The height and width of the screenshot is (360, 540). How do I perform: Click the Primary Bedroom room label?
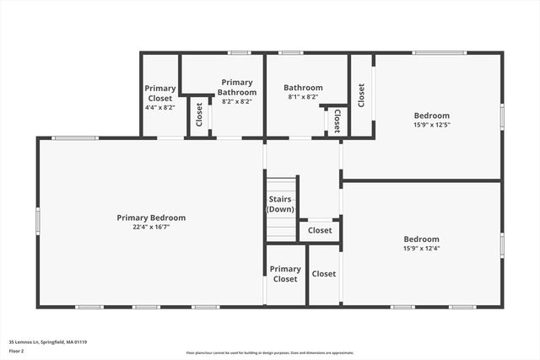tap(151, 218)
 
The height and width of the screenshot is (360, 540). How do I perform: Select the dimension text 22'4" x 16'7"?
tap(151, 227)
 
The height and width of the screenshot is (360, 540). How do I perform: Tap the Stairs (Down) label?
tap(279, 204)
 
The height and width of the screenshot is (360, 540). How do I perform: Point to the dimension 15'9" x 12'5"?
tap(431, 126)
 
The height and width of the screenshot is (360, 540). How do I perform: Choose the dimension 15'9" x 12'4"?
tap(421, 248)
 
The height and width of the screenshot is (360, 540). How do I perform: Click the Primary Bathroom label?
tap(236, 87)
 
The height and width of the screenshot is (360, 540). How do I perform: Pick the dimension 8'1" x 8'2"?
tap(303, 97)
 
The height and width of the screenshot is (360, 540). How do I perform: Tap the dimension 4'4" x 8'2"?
tap(159, 107)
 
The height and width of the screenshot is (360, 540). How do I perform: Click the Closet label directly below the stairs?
tap(320, 230)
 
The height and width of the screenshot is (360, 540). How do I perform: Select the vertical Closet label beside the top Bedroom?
tap(361, 94)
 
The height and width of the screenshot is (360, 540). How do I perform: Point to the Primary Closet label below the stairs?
tap(285, 274)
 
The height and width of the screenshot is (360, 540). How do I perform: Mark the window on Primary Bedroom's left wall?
tap(37, 220)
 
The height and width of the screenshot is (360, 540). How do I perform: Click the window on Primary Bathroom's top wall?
tap(240, 53)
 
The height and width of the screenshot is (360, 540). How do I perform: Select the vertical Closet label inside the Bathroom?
tap(337, 121)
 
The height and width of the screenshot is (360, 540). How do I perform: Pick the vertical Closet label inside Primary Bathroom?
tap(199, 114)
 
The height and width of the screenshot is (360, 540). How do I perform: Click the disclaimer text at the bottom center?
tap(270, 353)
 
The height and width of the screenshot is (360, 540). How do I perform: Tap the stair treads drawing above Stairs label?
tap(282, 186)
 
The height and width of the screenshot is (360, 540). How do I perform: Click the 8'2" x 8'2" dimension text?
tap(236, 101)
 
